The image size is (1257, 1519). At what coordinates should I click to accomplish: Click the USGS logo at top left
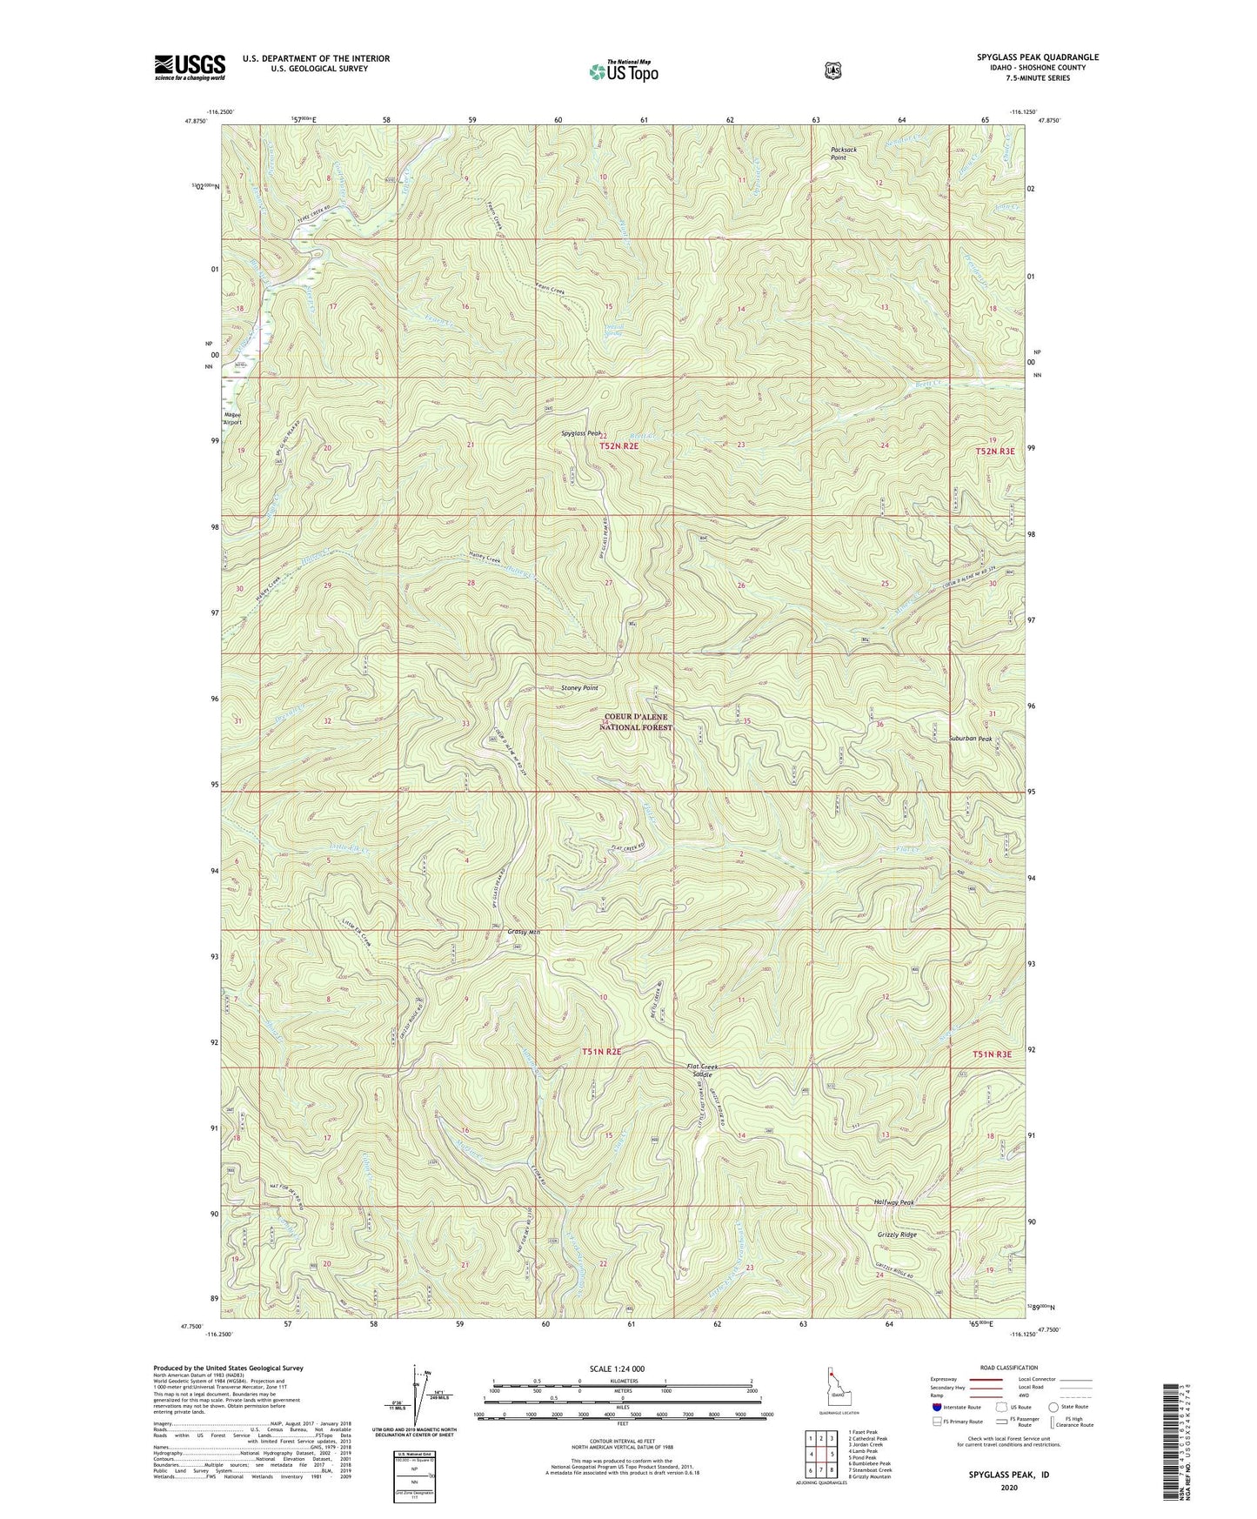(190, 67)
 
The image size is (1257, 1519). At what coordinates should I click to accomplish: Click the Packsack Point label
(843, 153)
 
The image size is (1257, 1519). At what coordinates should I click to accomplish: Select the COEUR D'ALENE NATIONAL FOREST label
(637, 721)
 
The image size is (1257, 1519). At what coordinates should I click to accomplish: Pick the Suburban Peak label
(970, 739)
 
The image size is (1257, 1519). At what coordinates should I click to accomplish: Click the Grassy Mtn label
(524, 933)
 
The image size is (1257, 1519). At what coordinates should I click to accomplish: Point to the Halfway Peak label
(894, 1202)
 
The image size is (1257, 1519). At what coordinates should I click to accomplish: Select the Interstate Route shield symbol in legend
(936, 1407)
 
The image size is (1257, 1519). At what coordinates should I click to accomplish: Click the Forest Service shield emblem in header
(833, 70)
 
